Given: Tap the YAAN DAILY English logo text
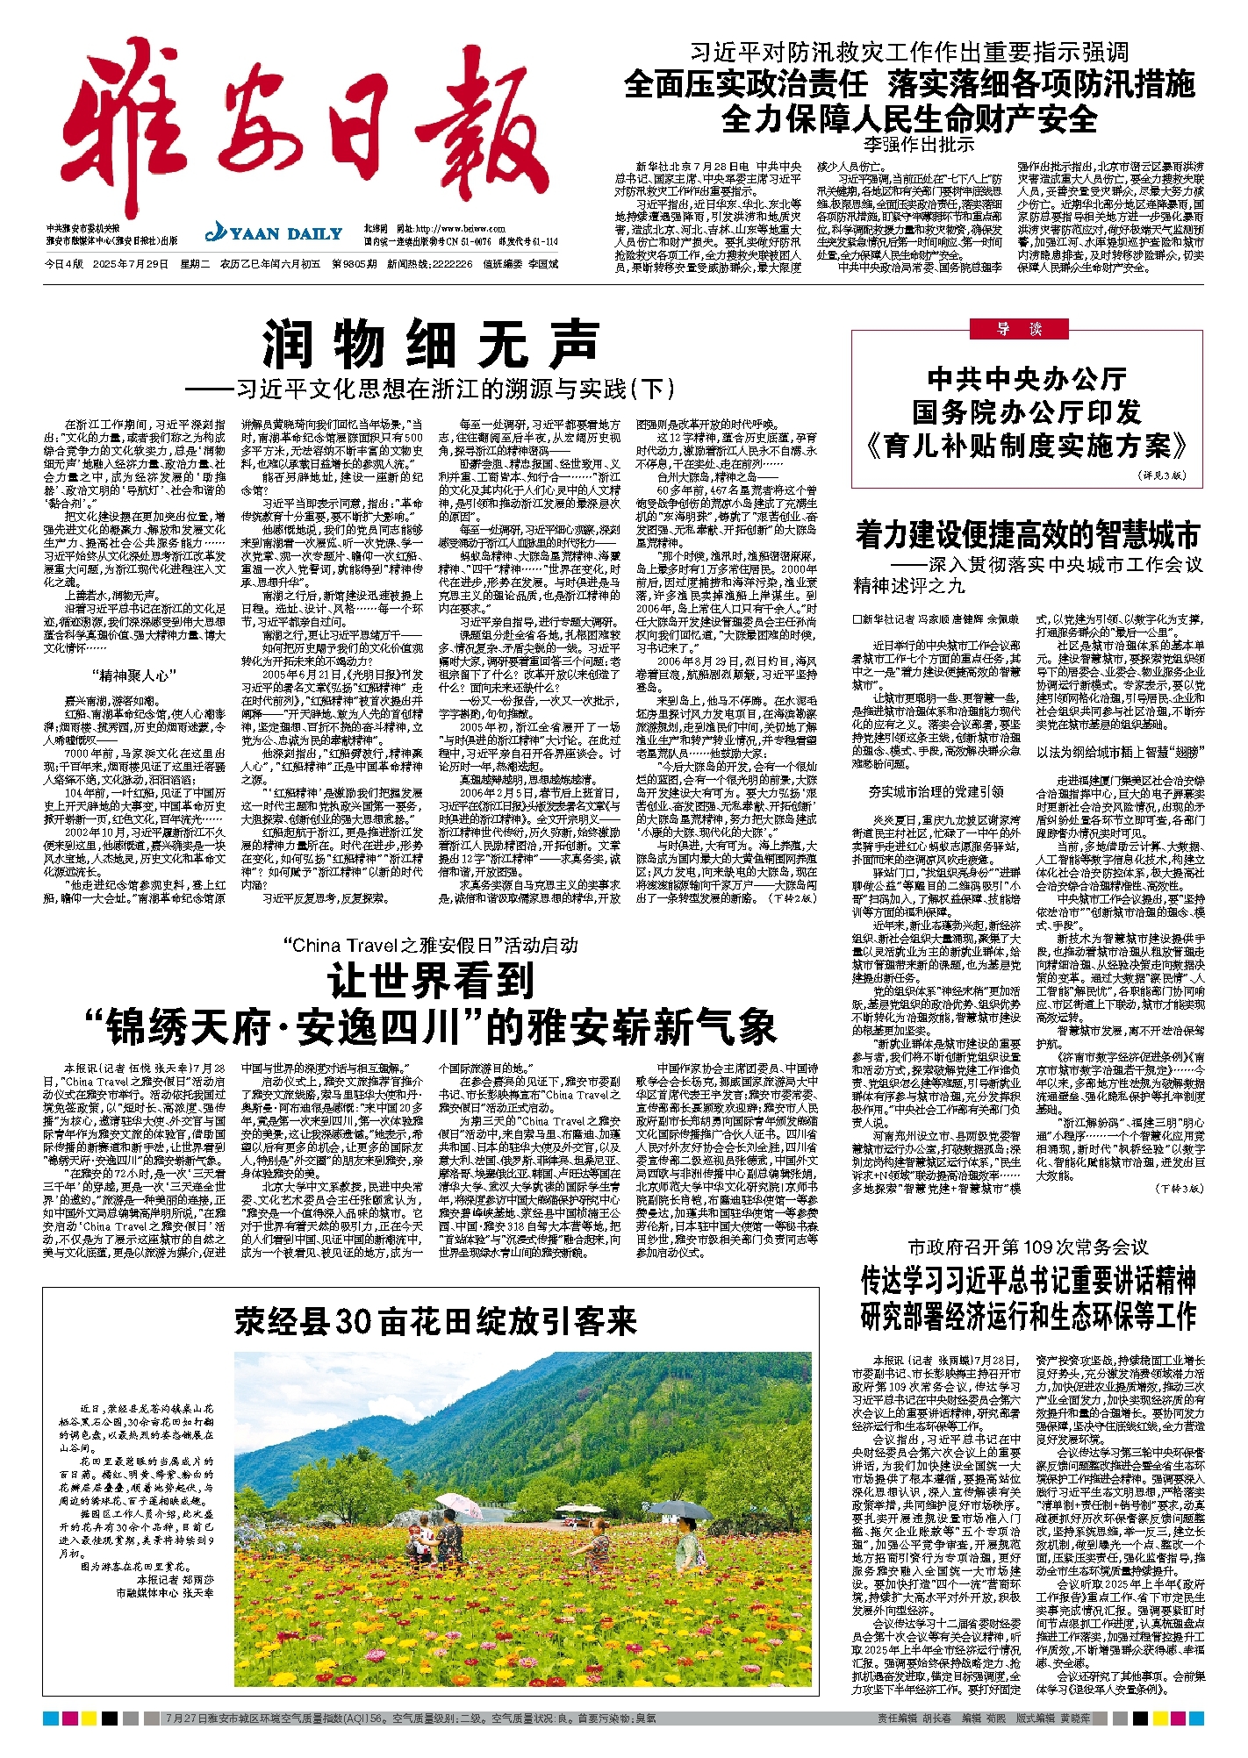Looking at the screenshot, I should [274, 233].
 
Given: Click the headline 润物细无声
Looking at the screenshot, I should [430, 345].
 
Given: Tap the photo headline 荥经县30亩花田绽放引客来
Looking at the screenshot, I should [434, 1321].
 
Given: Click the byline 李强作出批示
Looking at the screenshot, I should [917, 145].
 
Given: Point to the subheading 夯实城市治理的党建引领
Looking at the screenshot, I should [936, 791].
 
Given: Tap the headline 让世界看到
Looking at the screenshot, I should [430, 980].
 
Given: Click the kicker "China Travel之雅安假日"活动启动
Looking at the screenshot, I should [430, 945].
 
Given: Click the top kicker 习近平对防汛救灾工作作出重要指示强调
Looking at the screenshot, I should [908, 53].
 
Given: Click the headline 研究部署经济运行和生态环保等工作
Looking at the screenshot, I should [1028, 1316].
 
